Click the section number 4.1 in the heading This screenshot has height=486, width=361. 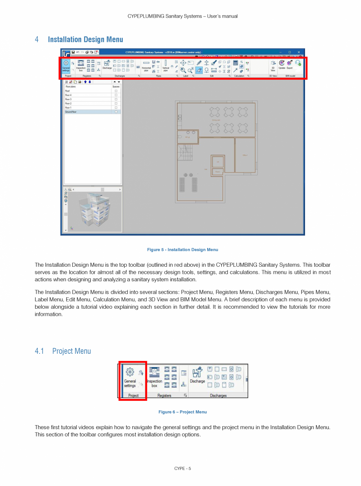[x=39, y=351]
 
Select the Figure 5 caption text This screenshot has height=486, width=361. [x=182, y=249]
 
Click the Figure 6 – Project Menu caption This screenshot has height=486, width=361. [x=182, y=412]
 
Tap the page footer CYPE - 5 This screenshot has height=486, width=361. [x=182, y=468]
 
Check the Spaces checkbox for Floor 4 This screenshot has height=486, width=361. [x=116, y=95]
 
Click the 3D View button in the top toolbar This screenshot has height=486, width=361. [x=273, y=65]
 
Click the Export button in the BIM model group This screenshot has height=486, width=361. [x=290, y=64]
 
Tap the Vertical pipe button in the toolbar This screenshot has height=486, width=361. [x=166, y=65]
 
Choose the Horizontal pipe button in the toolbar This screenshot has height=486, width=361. [x=146, y=65]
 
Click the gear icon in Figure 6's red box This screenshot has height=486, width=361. [x=129, y=372]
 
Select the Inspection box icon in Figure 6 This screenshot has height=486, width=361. [x=154, y=377]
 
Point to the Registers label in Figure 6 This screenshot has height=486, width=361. [x=164, y=395]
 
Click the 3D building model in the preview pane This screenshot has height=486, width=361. [x=93, y=210]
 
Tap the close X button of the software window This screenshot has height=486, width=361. [x=299, y=52]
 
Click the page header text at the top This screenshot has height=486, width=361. [x=182, y=16]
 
